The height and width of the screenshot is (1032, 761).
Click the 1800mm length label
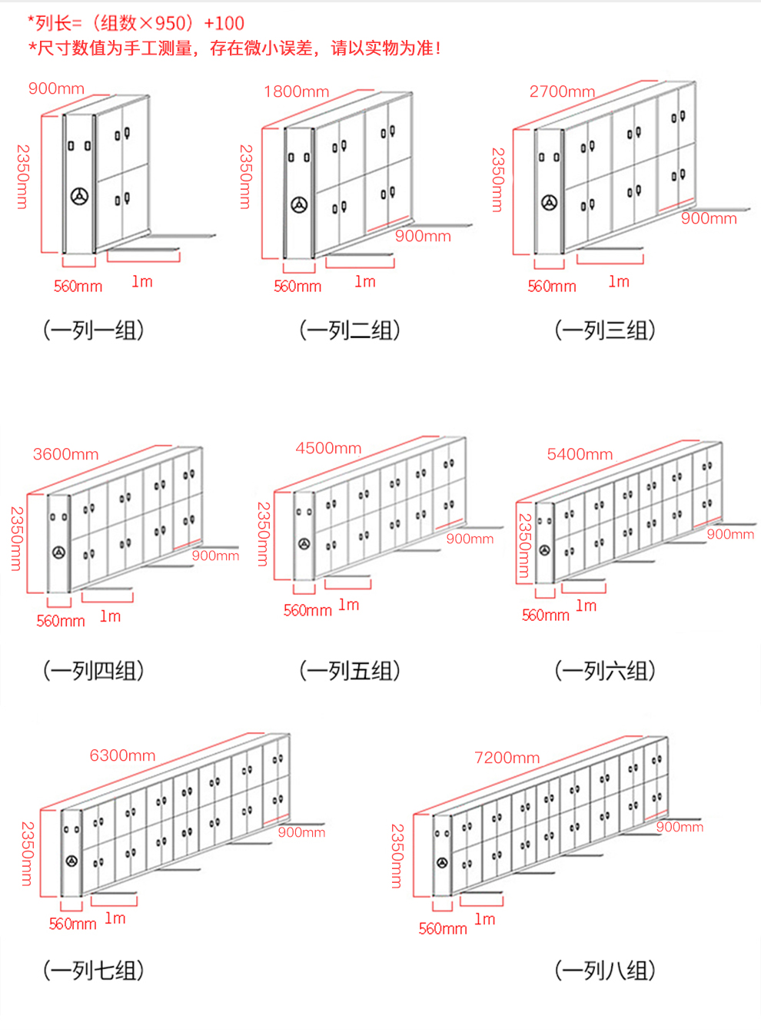point(297,91)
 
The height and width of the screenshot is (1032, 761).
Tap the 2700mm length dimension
point(562,91)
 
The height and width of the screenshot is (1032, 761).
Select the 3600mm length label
point(66,454)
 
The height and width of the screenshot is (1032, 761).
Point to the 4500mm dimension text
point(328,448)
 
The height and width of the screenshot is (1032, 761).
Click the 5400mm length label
point(580,454)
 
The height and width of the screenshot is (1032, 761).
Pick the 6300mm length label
point(123,755)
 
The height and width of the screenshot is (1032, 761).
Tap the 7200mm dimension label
point(507,758)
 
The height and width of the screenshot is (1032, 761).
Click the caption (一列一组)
point(94,330)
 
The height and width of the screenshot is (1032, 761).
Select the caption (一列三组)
point(605,330)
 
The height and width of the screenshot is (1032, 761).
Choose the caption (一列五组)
point(350,670)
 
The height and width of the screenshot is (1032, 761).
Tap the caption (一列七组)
point(94,971)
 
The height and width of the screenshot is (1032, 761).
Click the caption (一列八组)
point(605,971)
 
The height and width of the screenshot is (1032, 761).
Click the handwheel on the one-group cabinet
point(79,196)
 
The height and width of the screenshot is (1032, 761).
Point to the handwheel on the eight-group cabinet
point(442,863)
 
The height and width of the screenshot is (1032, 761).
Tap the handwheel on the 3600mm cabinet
point(58,553)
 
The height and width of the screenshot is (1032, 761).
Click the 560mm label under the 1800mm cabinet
point(297,286)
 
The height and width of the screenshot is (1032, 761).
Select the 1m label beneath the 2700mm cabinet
point(619,281)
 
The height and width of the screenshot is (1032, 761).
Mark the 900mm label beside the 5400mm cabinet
point(730,534)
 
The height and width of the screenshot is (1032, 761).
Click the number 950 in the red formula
point(170,24)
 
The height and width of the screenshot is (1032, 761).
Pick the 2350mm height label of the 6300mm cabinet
point(27,854)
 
